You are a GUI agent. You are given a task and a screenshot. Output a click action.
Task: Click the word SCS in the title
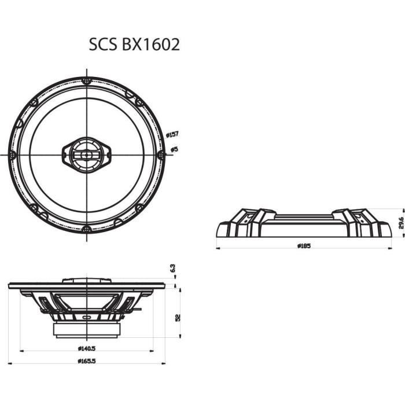point(102,45)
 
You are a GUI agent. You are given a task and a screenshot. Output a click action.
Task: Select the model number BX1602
point(150,45)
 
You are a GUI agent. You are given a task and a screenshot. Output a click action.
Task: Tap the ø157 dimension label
point(172,134)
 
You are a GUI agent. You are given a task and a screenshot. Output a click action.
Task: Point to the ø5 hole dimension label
point(172,149)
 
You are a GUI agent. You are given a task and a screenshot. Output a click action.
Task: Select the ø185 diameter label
point(304,246)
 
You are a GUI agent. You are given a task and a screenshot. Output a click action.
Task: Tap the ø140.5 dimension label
point(86,349)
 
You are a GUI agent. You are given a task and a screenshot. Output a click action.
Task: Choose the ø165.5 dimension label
point(86,362)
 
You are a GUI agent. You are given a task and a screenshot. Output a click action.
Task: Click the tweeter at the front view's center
point(86,154)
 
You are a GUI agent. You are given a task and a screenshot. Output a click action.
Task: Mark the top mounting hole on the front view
point(86,80)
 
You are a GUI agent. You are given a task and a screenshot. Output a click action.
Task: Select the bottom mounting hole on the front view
point(86,229)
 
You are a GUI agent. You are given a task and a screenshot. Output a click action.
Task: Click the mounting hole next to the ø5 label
point(161,154)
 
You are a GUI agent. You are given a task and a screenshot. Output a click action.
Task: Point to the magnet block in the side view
point(86,329)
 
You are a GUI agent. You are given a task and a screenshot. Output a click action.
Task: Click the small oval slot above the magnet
point(86,318)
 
